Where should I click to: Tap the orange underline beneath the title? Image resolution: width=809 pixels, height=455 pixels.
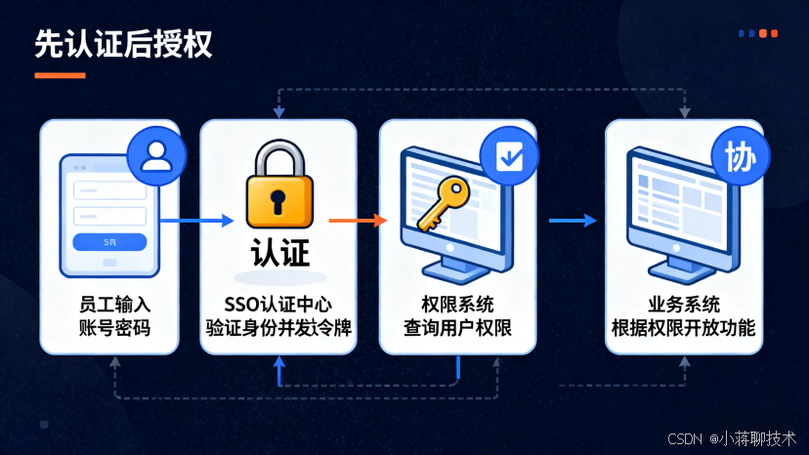(x=60, y=75)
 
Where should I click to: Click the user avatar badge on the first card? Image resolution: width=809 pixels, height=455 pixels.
(x=155, y=156)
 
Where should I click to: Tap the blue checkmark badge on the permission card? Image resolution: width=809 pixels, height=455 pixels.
(x=509, y=155)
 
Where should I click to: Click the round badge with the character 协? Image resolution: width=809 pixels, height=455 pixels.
(x=740, y=156)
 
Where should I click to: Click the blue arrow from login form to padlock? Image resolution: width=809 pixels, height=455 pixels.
(x=195, y=221)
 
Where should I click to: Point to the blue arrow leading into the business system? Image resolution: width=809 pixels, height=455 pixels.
(x=572, y=221)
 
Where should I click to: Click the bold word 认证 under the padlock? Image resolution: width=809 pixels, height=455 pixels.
(x=279, y=254)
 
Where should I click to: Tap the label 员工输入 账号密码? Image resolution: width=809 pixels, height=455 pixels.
(x=109, y=314)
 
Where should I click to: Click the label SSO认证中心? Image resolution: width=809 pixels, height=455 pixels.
(x=279, y=303)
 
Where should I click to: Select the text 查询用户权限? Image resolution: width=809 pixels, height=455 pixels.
(x=457, y=327)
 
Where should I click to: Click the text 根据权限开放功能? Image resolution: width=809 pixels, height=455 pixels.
(x=683, y=327)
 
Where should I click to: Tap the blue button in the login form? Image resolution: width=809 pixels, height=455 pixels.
(x=109, y=241)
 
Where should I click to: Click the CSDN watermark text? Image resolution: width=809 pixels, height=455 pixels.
(x=732, y=439)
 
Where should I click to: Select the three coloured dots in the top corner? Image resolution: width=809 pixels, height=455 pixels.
(x=758, y=33)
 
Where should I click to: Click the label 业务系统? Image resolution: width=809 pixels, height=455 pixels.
(x=683, y=303)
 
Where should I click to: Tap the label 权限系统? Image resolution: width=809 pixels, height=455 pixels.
(x=457, y=303)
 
